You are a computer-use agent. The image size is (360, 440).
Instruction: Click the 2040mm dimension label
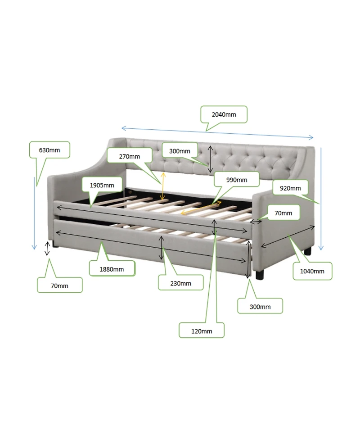point(224,114)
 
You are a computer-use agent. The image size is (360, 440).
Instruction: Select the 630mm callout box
point(49,150)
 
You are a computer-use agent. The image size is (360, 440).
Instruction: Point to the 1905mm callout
point(102,185)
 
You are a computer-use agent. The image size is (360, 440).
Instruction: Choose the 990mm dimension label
point(236,180)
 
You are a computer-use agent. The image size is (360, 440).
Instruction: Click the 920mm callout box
point(290,188)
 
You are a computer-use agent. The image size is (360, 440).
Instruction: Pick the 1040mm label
point(312,271)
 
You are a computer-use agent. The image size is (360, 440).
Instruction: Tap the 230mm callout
point(180,283)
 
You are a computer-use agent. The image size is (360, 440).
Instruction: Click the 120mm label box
point(201,331)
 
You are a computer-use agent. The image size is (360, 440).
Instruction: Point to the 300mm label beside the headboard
point(180,151)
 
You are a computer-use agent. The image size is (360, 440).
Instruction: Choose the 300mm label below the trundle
point(260,306)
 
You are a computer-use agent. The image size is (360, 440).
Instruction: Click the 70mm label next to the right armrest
point(283,213)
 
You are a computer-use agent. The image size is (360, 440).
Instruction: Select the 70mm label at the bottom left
point(59,286)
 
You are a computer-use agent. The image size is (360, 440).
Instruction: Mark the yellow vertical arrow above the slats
point(162,186)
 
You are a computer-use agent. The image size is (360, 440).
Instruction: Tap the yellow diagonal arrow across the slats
point(201,208)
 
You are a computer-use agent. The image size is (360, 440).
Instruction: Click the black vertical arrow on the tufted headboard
point(210,159)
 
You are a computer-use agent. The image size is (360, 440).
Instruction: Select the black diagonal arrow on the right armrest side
point(287,236)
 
